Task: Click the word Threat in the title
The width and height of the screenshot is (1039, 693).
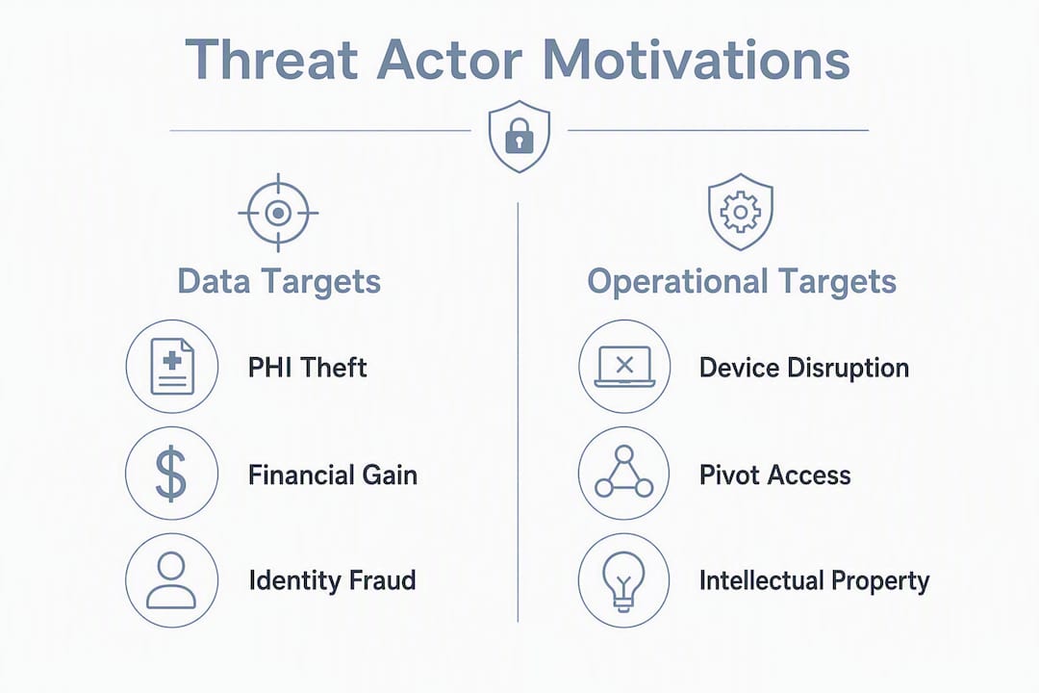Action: [271, 60]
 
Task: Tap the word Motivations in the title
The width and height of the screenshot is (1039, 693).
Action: [696, 60]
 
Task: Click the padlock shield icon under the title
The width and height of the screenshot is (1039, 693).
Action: [519, 137]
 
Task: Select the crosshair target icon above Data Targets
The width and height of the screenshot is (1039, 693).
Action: [278, 213]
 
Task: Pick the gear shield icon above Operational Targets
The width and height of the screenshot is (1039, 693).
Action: [740, 212]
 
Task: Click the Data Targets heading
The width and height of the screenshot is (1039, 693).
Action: [279, 281]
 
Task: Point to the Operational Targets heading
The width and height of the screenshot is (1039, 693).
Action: [742, 281]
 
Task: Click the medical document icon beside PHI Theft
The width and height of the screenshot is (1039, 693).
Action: [172, 367]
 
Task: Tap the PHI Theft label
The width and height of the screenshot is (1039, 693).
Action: [308, 368]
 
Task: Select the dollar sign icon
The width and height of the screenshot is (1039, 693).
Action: [171, 474]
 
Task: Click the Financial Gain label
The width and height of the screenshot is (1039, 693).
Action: [333, 475]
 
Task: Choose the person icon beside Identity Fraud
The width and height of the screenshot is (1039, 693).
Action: [171, 580]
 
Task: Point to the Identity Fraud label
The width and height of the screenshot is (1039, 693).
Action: [333, 580]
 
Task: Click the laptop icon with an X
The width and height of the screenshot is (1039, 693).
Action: [624, 367]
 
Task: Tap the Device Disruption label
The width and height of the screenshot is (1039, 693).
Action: [804, 368]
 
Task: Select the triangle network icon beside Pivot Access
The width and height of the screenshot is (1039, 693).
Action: [624, 474]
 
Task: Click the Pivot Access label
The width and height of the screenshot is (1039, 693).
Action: [775, 475]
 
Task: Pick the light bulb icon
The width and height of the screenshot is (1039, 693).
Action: [623, 580]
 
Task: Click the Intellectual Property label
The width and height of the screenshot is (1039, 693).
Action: [815, 581]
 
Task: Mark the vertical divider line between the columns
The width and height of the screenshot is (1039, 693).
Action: [518, 412]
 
